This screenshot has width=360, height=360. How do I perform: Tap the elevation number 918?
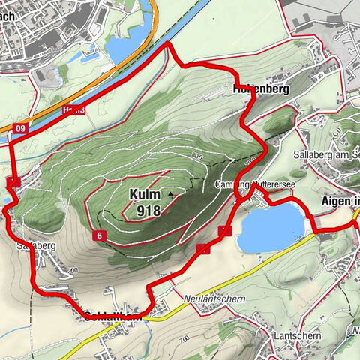pos(149,211)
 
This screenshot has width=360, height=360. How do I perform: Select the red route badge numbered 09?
pos(19,129)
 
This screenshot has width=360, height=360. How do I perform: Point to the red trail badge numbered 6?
pos(99,236)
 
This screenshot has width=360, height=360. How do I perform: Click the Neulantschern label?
pos(215,298)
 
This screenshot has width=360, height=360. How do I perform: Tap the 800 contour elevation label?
pos(197,156)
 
